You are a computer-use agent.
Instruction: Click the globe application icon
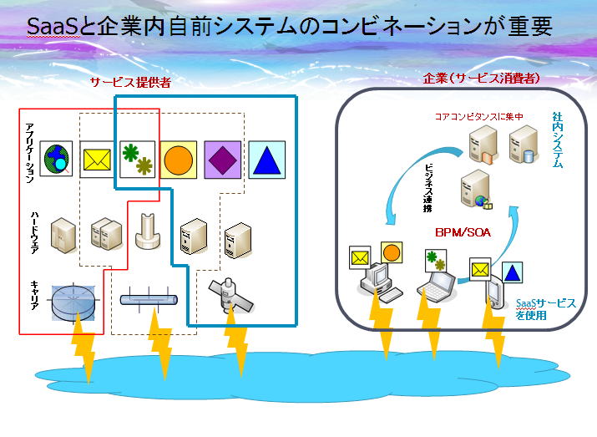(56, 159)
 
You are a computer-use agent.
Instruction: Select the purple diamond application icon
(223, 160)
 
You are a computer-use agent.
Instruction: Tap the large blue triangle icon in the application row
(266, 160)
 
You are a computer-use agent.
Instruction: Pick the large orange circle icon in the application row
(178, 160)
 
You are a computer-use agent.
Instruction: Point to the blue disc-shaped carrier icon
(73, 302)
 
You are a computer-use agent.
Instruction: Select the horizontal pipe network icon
(149, 300)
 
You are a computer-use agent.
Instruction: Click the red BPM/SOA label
(463, 232)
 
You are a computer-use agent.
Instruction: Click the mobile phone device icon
(496, 292)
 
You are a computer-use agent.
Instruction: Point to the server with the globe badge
(476, 190)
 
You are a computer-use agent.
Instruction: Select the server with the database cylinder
(524, 145)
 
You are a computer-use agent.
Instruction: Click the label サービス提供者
(130, 82)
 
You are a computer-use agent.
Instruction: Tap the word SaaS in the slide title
(53, 26)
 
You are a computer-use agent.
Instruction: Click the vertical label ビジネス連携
(428, 188)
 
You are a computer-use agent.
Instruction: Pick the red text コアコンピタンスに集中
(479, 117)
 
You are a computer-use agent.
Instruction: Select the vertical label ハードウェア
(35, 232)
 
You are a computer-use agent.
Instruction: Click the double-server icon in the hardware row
(106, 234)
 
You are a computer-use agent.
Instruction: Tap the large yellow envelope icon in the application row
(97, 160)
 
